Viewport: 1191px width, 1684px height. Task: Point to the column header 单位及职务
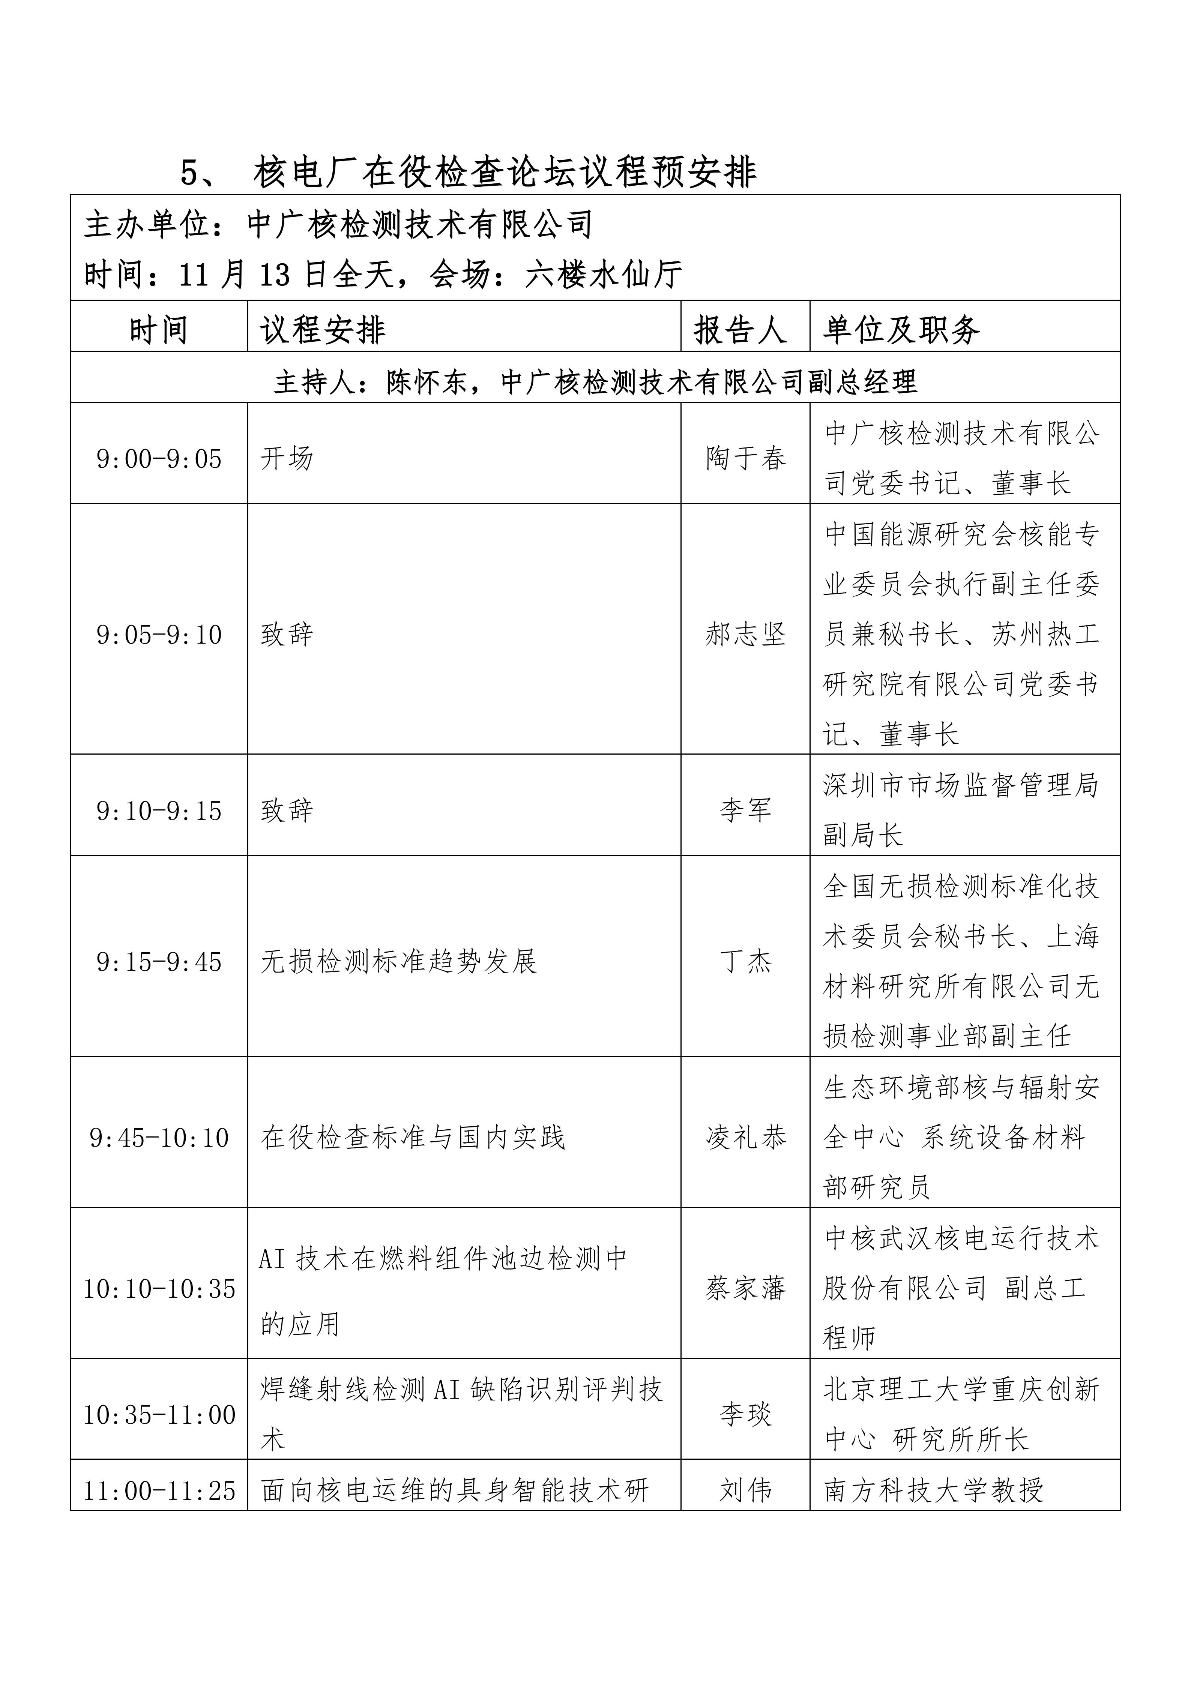[901, 330]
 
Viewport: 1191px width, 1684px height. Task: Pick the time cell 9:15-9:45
[159, 962]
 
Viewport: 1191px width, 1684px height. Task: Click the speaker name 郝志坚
[745, 635]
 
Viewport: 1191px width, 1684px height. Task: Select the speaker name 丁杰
[745, 962]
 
